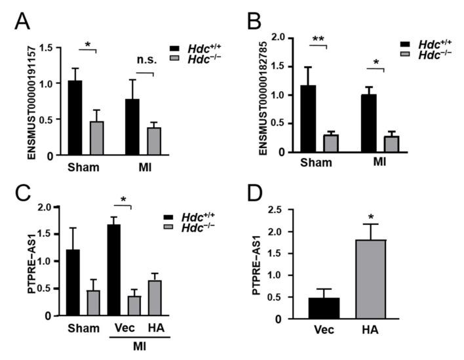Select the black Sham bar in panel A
75,118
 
